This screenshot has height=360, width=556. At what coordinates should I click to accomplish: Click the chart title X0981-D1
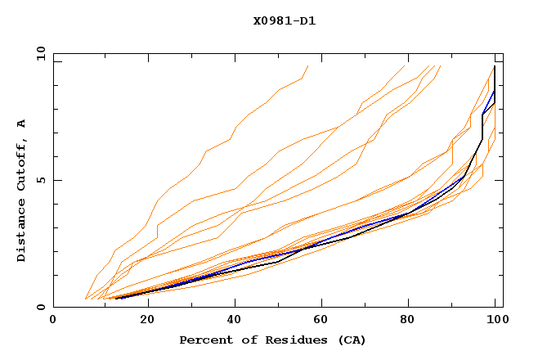[284, 20]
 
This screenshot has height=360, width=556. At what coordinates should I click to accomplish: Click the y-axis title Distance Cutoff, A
[22, 191]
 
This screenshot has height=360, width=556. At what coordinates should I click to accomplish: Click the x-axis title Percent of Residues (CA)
[272, 340]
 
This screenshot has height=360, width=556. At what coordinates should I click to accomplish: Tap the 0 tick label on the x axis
[53, 321]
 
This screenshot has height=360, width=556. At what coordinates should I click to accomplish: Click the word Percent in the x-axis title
[204, 340]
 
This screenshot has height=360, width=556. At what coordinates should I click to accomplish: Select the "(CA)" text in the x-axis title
[352, 340]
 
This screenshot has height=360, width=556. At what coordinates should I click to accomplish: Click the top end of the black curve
[495, 66]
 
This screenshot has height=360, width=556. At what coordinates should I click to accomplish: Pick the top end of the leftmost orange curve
[307, 65]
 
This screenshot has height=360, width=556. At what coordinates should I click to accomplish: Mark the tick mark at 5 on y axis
[56, 180]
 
